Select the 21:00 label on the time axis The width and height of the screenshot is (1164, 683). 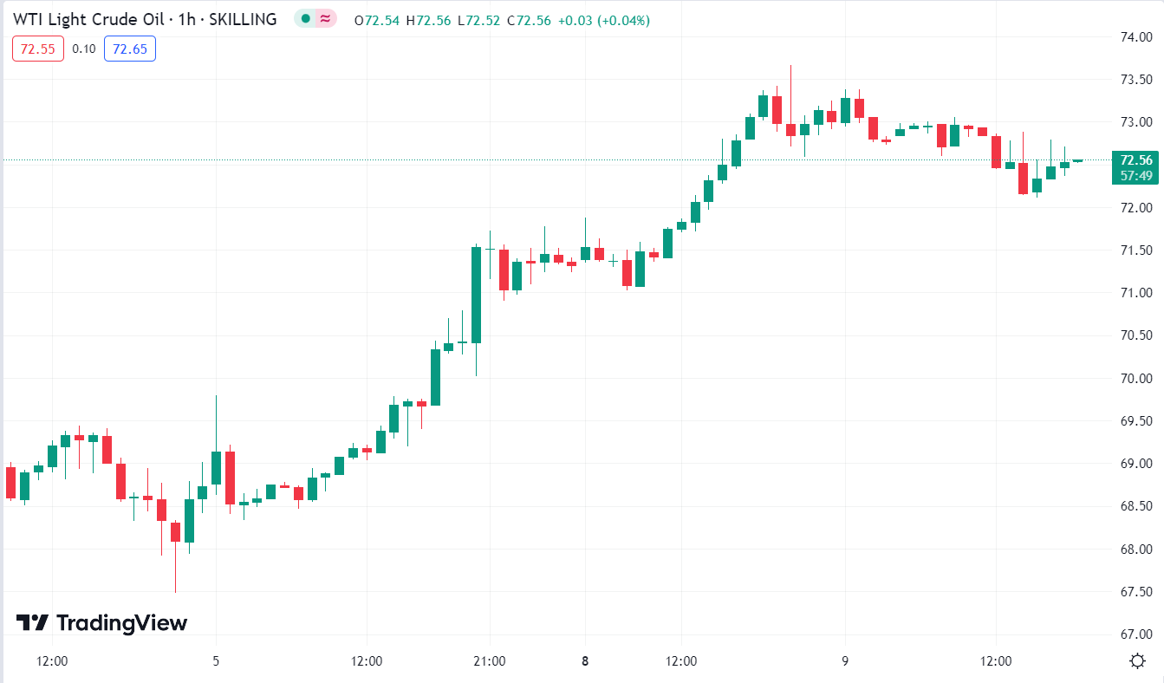point(490,661)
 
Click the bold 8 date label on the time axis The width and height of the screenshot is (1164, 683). point(585,661)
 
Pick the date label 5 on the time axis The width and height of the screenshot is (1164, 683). point(216,661)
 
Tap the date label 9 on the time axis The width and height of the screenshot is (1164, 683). point(845,661)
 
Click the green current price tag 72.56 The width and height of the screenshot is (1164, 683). point(1135,160)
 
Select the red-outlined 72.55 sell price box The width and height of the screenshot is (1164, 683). point(38,49)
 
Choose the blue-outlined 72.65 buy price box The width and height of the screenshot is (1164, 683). point(129,49)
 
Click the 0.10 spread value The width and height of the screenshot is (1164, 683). point(84,49)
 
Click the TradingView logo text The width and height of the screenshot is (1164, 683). point(121,622)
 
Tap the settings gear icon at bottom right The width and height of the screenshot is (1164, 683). point(1138,661)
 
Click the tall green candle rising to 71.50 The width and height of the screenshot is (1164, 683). point(476,295)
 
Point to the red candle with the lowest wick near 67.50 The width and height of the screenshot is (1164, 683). point(175,531)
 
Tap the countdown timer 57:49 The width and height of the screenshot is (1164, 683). point(1135,175)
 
